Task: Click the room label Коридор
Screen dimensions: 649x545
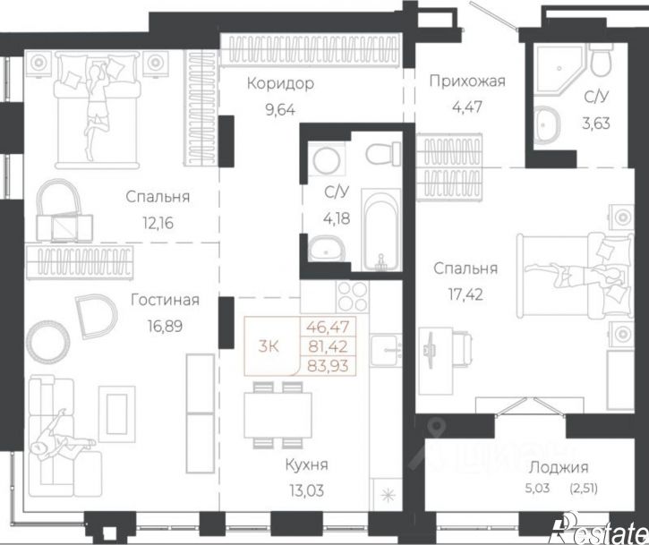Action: point(280,83)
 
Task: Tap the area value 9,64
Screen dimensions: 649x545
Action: point(280,110)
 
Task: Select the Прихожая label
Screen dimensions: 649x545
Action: point(467,81)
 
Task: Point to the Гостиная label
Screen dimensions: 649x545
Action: point(165,300)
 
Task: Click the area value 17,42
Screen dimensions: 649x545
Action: point(465,294)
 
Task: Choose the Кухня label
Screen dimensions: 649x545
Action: point(307,464)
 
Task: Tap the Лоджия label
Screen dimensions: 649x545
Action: point(559,468)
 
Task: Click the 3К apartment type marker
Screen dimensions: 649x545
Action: point(269,346)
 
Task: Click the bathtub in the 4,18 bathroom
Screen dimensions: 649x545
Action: point(381,230)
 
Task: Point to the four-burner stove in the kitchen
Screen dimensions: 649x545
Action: point(352,297)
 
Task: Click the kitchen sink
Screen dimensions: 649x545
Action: point(386,350)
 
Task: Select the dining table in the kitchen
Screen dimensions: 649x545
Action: point(278,414)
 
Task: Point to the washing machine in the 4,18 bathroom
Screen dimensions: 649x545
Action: point(327,161)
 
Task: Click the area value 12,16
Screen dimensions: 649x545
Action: point(158,224)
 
